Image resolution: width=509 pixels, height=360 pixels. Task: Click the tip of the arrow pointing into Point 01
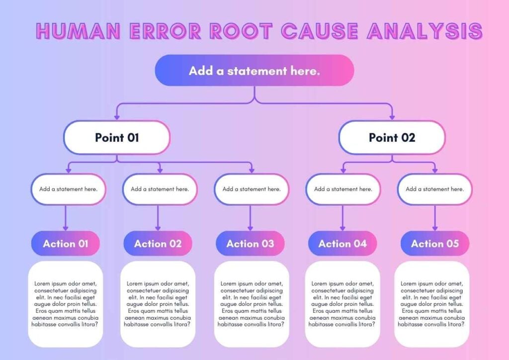click(x=117, y=120)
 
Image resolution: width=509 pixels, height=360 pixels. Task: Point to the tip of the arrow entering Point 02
click(x=392, y=120)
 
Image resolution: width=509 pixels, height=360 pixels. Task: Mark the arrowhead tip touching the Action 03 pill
click(x=250, y=231)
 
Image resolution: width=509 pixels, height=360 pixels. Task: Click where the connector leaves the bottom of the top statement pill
click(x=254, y=86)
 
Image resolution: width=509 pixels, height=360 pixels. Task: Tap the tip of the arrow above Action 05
click(x=435, y=231)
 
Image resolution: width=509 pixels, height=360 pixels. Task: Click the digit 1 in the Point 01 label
click(x=137, y=138)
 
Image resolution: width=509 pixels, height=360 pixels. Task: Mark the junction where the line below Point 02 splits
click(x=392, y=162)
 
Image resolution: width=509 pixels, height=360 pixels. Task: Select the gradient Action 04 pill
click(x=342, y=244)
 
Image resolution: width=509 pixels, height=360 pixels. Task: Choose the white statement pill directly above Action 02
click(x=160, y=189)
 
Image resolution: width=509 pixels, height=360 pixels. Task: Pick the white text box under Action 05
click(x=432, y=304)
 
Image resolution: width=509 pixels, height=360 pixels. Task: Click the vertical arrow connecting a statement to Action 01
click(x=66, y=218)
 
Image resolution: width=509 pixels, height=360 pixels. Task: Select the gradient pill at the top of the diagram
click(x=254, y=71)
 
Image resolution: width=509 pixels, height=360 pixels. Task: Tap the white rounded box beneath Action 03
click(x=252, y=304)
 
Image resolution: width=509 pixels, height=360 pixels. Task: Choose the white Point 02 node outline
click(x=392, y=138)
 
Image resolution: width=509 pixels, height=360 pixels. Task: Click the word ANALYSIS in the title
click(x=425, y=31)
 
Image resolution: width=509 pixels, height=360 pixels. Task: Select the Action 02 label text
click(x=158, y=244)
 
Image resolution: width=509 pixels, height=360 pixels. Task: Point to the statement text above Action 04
click(x=343, y=189)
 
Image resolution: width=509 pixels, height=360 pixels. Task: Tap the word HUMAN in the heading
click(x=78, y=31)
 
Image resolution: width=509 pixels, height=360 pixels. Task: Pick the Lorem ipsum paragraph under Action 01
click(x=65, y=304)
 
